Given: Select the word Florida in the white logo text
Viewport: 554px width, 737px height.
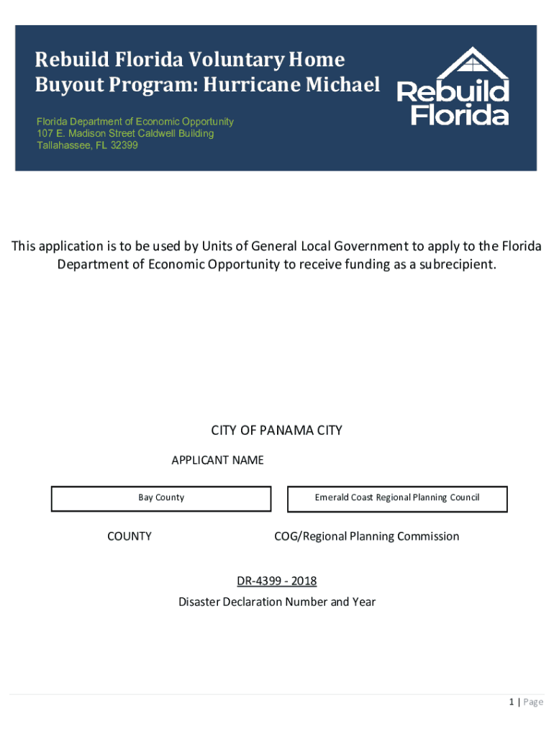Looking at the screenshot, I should click(460, 115).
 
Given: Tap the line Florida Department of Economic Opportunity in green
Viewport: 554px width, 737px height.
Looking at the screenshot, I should click(135, 122).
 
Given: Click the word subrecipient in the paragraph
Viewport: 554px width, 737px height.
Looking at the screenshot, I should click(453, 264).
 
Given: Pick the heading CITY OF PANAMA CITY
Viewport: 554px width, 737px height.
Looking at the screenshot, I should click(276, 430).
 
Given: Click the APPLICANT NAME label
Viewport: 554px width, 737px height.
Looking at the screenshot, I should click(217, 460).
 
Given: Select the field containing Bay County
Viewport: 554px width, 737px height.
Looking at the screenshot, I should click(161, 498).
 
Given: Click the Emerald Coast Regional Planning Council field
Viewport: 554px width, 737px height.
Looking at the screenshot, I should click(397, 498).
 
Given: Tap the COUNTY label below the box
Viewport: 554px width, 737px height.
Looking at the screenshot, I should click(130, 536).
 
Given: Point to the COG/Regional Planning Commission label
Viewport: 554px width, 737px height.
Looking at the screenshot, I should click(366, 536).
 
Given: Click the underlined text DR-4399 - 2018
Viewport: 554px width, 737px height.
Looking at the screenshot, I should click(276, 581).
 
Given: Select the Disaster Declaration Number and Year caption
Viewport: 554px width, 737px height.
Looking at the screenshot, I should click(277, 602).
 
